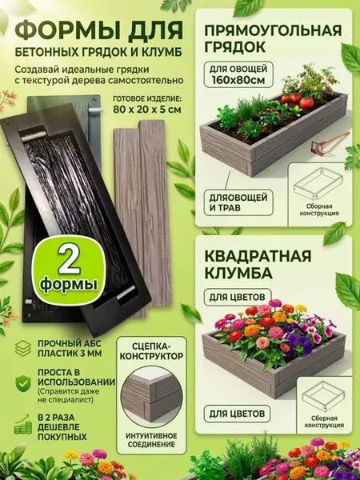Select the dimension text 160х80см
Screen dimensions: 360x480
click(238, 81)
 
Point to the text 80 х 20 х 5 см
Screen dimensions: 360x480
click(147, 110)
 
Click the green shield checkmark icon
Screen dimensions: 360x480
click(23, 383)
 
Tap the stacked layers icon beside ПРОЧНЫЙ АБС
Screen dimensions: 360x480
click(23, 348)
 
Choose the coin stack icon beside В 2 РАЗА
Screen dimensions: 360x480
click(23, 424)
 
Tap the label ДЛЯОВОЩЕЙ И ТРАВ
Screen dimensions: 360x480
click(238, 202)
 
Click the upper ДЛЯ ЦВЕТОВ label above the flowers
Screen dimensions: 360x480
click(237, 297)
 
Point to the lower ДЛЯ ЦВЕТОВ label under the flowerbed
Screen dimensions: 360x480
click(237, 414)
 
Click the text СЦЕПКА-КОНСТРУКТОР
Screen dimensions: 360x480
click(151, 351)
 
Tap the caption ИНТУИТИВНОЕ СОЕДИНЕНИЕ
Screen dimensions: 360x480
click(151, 439)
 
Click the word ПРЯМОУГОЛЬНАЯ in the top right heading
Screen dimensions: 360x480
click(273, 31)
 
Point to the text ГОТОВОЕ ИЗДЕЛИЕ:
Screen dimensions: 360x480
click(147, 99)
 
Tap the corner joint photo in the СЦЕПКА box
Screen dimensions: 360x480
click(152, 398)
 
